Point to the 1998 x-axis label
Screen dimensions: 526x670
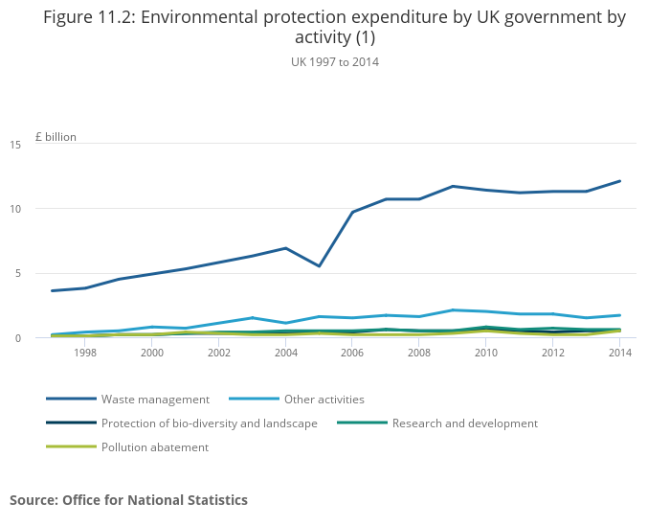click(85, 353)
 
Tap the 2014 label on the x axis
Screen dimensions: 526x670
click(619, 353)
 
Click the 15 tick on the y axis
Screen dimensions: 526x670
click(15, 145)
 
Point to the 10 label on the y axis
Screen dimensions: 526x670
click(15, 209)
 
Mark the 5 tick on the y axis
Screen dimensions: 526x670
click(18, 273)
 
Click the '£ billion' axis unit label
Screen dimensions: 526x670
click(56, 137)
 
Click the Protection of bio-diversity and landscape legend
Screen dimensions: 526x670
click(209, 423)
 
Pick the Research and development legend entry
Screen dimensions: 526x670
click(464, 423)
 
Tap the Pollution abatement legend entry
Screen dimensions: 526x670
click(154, 446)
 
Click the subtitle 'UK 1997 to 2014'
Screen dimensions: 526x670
click(335, 62)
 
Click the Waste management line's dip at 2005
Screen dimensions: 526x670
click(320, 265)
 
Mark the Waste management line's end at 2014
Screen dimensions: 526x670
click(620, 181)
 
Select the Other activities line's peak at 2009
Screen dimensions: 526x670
click(453, 310)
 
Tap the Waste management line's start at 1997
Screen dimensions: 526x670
click(52, 290)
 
